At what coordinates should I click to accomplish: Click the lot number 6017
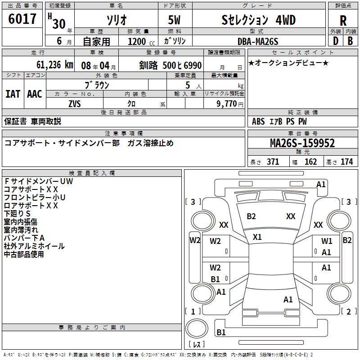(22, 19)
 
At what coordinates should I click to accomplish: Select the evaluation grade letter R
(343, 20)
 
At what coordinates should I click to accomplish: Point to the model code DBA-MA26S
(258, 41)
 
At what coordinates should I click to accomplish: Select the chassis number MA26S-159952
(302, 143)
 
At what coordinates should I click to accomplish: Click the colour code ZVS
(75, 103)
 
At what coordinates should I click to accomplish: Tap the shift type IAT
(13, 94)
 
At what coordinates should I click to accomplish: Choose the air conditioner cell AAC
(34, 94)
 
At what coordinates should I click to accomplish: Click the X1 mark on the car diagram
(257, 237)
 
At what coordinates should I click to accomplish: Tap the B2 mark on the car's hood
(251, 216)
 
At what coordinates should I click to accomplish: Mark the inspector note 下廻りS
(18, 213)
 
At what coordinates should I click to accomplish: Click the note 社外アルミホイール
(34, 246)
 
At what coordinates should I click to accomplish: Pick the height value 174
(347, 162)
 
